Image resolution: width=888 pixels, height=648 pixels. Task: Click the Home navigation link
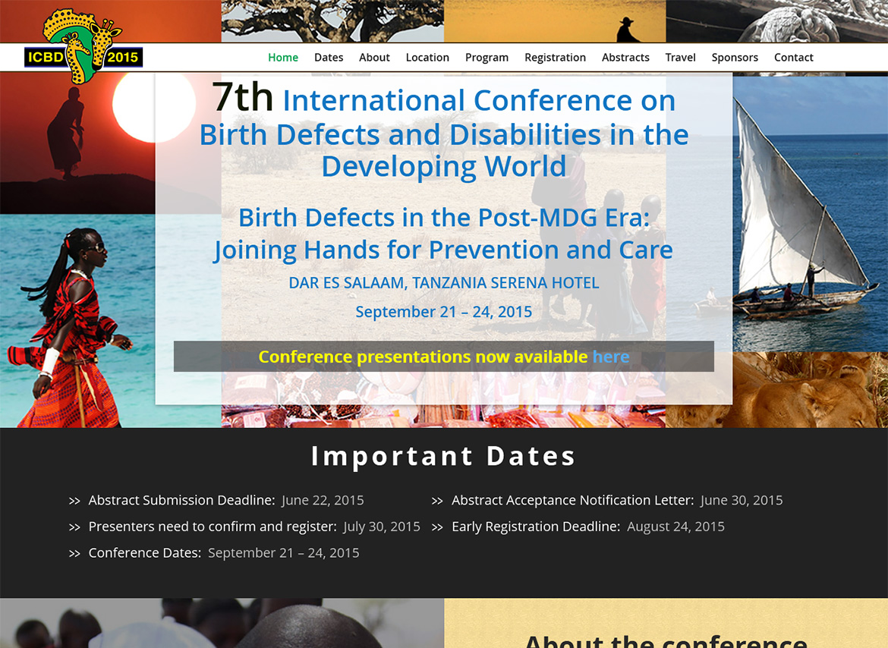[283, 57]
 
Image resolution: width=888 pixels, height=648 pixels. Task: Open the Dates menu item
[329, 57]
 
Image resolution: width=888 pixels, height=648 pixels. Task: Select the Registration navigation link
[555, 58]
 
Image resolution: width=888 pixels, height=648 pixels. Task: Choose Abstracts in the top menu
[625, 57]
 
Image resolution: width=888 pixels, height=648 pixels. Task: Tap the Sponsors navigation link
[735, 58]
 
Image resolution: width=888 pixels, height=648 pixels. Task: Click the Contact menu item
[793, 57]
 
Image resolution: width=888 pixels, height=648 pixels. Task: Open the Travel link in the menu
[680, 57]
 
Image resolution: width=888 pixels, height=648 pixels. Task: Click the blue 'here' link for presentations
[610, 357]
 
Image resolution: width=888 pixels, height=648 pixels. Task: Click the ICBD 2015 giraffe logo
[83, 46]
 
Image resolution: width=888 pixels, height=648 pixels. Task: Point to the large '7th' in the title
[243, 97]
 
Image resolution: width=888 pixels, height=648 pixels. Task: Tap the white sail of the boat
[793, 204]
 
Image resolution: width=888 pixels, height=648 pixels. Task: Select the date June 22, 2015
[323, 500]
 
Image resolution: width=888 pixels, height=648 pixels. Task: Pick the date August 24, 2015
[675, 527]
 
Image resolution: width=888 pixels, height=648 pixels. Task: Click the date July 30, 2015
[382, 527]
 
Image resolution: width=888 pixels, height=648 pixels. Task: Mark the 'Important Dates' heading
[443, 456]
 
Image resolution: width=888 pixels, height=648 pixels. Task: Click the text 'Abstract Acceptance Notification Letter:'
[572, 500]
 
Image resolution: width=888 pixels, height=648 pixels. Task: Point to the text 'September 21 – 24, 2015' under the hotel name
[443, 312]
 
